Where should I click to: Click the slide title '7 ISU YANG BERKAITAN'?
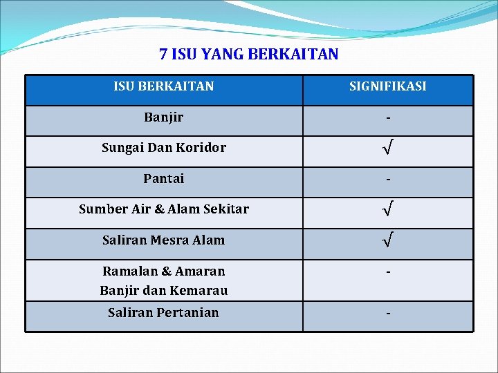tap(249, 54)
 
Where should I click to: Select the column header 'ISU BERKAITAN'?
tap(164, 86)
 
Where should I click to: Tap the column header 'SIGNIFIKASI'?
tap(387, 86)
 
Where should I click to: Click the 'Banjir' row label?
tap(164, 117)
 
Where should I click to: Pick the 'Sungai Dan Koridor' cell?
tap(164, 148)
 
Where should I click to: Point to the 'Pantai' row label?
tap(164, 179)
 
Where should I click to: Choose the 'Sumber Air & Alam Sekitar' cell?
tap(164, 209)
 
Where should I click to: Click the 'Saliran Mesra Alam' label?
tap(164, 240)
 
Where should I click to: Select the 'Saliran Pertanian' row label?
tap(164, 313)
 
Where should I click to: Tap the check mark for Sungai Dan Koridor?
tap(388, 148)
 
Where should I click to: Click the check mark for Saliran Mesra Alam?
tap(388, 241)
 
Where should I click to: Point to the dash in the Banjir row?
tap(388, 119)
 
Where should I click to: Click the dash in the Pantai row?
tap(388, 180)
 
